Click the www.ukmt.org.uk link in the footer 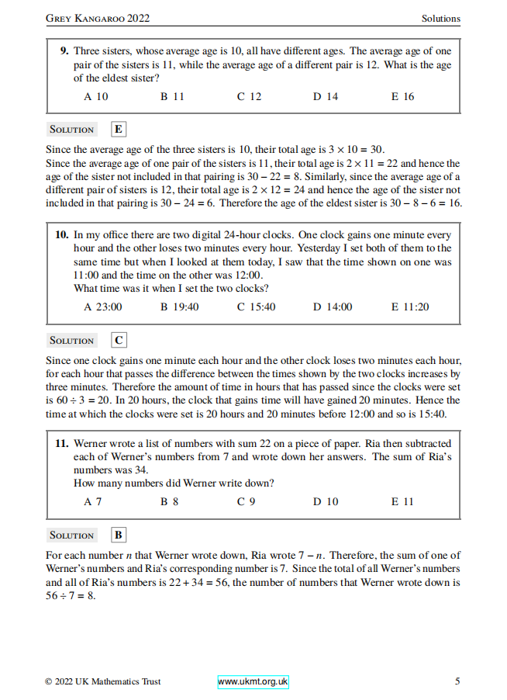click(x=253, y=681)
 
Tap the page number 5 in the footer click(x=457, y=681)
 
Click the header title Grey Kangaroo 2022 click(x=98, y=18)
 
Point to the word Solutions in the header click(x=440, y=18)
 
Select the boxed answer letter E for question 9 click(x=119, y=130)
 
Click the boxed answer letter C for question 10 click(x=119, y=340)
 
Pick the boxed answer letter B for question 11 click(x=119, y=535)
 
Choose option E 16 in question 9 click(x=402, y=97)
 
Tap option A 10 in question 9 click(x=95, y=97)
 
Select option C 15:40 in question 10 click(x=256, y=307)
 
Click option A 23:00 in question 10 click(x=102, y=307)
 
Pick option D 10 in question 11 click(x=326, y=501)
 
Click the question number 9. click(x=64, y=50)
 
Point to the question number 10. click(x=62, y=234)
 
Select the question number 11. click(x=62, y=443)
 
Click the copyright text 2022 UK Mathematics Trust click(x=103, y=681)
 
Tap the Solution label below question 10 click(x=71, y=341)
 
